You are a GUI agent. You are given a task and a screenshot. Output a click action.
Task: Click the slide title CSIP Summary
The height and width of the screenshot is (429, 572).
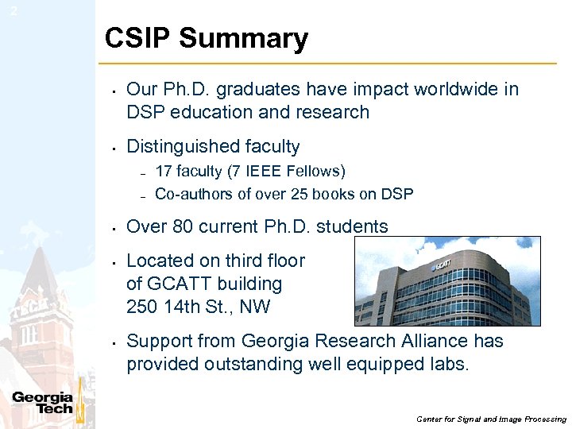206,38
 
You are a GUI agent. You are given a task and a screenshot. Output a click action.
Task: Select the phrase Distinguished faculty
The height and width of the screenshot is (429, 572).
213,146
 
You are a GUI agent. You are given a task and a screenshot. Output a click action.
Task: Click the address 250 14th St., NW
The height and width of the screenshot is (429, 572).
198,307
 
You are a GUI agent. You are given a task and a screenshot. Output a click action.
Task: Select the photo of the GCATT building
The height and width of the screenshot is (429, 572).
446,281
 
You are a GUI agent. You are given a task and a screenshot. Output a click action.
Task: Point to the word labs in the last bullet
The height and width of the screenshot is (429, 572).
453,364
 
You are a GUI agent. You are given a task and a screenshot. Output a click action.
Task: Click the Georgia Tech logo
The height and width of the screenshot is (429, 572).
43,404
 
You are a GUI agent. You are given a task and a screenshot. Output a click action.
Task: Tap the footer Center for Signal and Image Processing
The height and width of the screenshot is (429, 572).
491,419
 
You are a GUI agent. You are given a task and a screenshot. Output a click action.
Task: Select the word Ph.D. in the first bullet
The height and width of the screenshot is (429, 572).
191,89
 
